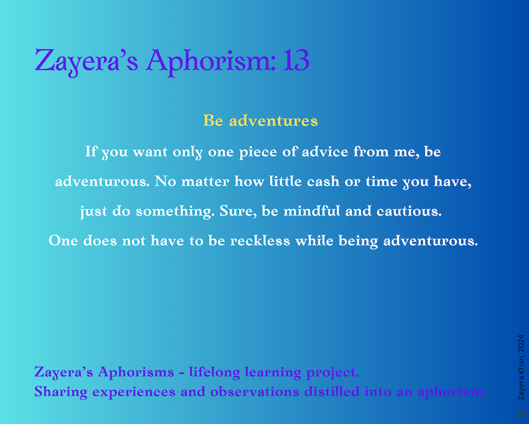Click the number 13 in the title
[x=296, y=60]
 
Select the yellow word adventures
[x=273, y=120]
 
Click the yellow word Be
[x=213, y=120]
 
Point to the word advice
[x=325, y=152]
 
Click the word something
[x=175, y=211]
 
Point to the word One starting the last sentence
[x=63, y=241]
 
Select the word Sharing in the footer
[x=61, y=392]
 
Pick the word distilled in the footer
[x=332, y=392]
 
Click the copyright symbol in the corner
[x=521, y=413]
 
